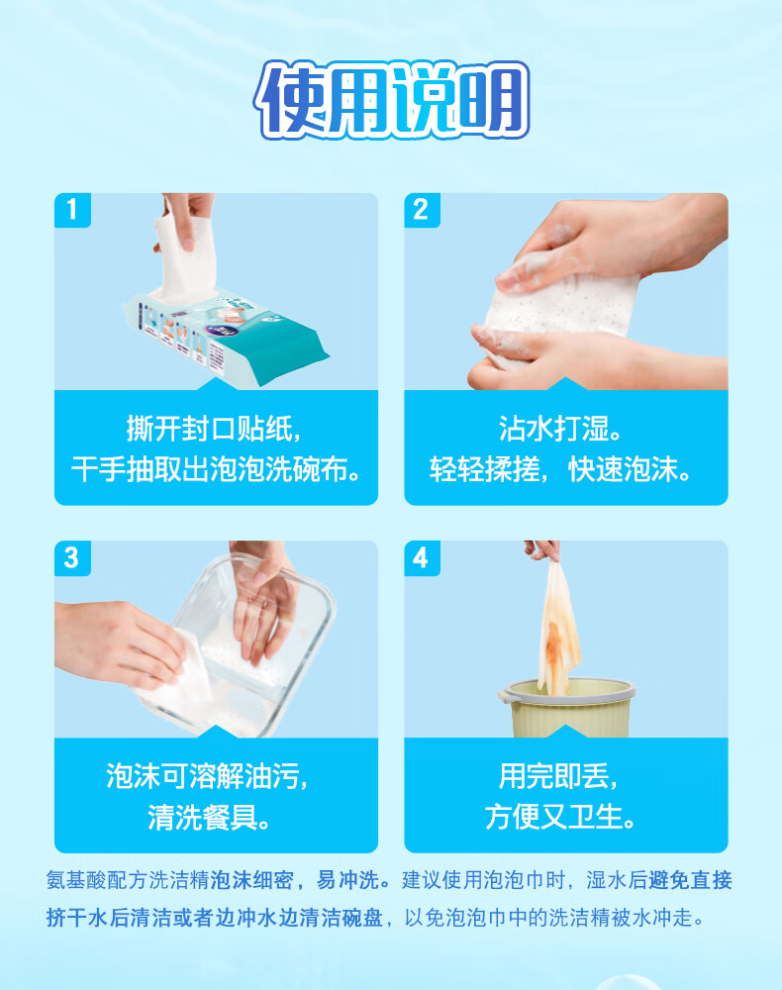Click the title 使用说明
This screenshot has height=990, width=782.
pyautogui.click(x=391, y=100)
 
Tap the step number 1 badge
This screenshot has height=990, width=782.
pyautogui.click(x=72, y=210)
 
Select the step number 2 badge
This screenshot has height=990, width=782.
pyautogui.click(x=422, y=210)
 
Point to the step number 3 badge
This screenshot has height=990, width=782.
pyautogui.click(x=72, y=558)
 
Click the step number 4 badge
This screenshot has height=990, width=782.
pyautogui.click(x=422, y=558)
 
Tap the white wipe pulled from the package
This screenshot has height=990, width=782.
pyautogui.click(x=187, y=252)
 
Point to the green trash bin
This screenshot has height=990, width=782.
pyautogui.click(x=566, y=709)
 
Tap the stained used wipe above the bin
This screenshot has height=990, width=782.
pyautogui.click(x=558, y=632)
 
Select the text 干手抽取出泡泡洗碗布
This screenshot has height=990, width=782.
pyautogui.click(x=216, y=469)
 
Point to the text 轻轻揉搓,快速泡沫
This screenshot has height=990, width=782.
pyautogui.click(x=560, y=469)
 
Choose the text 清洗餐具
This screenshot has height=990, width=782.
pyautogui.click(x=208, y=817)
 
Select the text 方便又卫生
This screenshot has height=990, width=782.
pyautogui.click(x=559, y=817)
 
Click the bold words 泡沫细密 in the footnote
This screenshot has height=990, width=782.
pyautogui.click(x=251, y=880)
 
